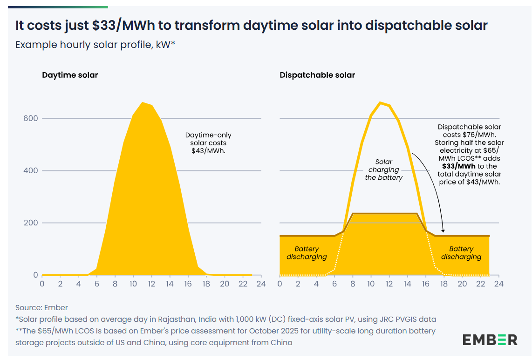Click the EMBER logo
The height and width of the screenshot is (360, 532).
(490, 340)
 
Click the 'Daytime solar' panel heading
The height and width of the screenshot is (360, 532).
(70, 75)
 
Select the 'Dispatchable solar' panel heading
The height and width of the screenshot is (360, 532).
(317, 75)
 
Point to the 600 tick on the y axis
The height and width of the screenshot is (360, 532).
(30, 118)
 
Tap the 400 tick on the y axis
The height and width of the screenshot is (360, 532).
(30, 170)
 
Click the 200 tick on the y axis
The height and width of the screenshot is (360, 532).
(30, 223)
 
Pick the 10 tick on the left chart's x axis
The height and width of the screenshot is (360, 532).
(133, 283)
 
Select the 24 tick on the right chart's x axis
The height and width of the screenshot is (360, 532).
(498, 283)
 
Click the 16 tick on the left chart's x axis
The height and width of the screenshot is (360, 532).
(188, 283)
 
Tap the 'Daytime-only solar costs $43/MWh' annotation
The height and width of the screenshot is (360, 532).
(208, 143)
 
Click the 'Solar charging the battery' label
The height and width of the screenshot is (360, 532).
(383, 170)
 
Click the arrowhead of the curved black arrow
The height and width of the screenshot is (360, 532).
(443, 231)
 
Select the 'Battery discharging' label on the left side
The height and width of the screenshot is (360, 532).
(307, 253)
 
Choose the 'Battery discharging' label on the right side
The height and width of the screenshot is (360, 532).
(461, 253)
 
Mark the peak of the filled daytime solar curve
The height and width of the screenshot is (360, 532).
(143, 102)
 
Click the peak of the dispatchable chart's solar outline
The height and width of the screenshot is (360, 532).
(380, 102)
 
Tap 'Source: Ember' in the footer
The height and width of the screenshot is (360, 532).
(41, 307)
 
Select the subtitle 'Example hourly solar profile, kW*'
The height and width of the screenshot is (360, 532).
(95, 45)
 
